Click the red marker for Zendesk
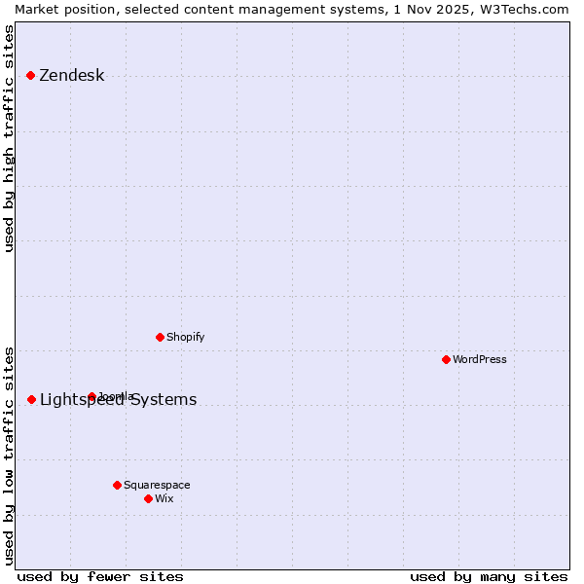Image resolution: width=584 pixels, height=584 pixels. [30, 75]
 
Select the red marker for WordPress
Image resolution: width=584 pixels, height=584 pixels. [446, 359]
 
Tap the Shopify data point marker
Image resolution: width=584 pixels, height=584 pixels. [160, 337]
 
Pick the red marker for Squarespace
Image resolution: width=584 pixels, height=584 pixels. [117, 485]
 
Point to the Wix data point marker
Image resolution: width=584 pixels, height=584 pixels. [148, 498]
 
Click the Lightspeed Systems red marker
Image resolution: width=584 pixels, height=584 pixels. [31, 399]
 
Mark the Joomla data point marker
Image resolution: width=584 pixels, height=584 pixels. [91, 396]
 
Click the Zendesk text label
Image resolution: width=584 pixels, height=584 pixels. [71, 76]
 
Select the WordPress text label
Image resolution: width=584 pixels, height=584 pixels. [480, 359]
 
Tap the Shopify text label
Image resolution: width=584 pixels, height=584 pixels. [185, 337]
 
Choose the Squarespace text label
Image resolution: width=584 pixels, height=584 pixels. [157, 485]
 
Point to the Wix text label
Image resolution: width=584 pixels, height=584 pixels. [164, 498]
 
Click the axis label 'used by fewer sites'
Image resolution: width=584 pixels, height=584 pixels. [100, 576]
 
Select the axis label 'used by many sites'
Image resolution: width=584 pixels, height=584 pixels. [489, 576]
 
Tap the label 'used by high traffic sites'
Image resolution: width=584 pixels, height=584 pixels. [9, 138]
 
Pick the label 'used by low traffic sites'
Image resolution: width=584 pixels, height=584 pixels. [9, 456]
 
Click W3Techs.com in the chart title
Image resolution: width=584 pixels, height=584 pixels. [529, 9]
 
